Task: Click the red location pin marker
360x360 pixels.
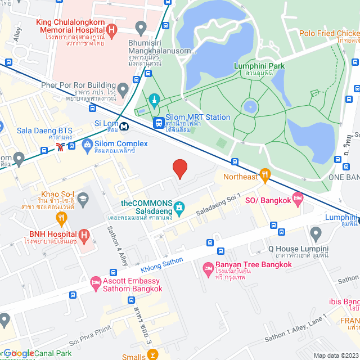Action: coord(179,169)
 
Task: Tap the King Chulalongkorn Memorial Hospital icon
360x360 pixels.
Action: coord(111,30)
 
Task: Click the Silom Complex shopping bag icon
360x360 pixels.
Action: coord(87,147)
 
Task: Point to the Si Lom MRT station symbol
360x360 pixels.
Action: coord(123,127)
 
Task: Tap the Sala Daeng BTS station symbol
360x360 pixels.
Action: coord(60,147)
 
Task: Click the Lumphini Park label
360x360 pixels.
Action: coord(259,66)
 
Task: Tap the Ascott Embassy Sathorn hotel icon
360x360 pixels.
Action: coord(96,281)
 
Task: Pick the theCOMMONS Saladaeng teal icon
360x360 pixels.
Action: coord(179,208)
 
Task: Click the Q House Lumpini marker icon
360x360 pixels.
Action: coord(316,232)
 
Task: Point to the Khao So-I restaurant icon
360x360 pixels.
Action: coord(83,197)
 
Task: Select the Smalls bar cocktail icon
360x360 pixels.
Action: coord(152,354)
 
